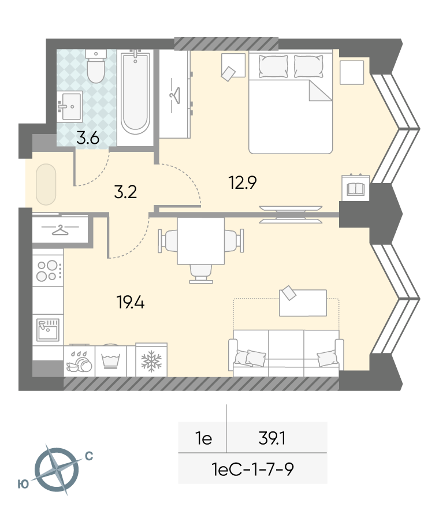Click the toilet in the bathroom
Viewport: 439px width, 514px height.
click(x=96, y=66)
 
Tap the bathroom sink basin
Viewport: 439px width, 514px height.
click(x=70, y=106)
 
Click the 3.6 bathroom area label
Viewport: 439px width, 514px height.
click(x=88, y=138)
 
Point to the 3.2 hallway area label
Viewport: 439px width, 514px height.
click(x=125, y=192)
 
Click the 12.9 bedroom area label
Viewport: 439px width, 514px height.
click(x=243, y=182)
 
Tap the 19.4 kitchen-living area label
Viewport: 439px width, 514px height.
click(x=131, y=302)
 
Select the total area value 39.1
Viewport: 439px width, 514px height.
click(x=272, y=438)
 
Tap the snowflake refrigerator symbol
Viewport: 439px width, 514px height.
click(x=151, y=361)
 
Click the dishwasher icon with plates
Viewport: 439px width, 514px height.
click(x=79, y=362)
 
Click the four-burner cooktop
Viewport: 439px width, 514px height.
click(x=48, y=270)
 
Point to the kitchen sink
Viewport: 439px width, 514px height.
click(x=48, y=330)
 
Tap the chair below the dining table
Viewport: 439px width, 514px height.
click(x=200, y=273)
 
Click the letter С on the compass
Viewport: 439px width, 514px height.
click(x=89, y=456)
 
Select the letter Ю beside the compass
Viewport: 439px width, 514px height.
click(x=23, y=484)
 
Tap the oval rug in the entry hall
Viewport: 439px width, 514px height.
click(x=46, y=185)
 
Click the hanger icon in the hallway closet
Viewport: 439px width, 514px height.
click(x=60, y=229)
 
